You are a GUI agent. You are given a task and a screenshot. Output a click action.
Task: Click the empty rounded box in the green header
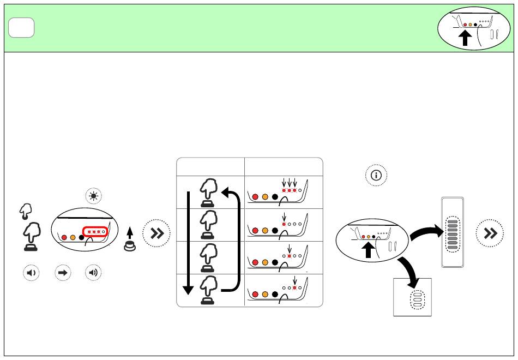[22, 28]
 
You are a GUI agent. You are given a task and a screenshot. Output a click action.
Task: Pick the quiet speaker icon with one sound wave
[31, 273]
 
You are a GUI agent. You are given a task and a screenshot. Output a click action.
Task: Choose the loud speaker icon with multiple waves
[94, 273]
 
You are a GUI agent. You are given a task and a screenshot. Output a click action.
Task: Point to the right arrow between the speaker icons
[62, 273]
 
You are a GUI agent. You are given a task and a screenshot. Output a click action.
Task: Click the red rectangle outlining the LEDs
[95, 232]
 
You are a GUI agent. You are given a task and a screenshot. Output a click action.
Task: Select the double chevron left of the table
[157, 234]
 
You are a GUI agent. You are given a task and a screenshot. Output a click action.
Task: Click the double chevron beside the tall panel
[490, 233]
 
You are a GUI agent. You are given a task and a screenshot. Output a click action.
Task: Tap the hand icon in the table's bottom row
[207, 290]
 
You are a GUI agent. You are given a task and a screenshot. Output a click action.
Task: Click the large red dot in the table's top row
[255, 197]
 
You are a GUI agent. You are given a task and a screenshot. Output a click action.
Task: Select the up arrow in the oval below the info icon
[369, 249]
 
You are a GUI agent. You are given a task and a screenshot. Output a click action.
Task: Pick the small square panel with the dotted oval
[413, 297]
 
